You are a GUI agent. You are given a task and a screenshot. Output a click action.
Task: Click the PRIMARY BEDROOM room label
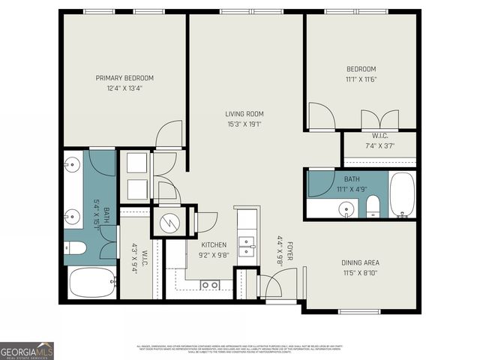tap(124, 78)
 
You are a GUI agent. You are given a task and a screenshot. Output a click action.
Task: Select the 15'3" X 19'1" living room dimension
tap(244, 124)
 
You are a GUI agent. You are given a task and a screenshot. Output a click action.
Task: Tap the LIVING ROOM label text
tap(244, 114)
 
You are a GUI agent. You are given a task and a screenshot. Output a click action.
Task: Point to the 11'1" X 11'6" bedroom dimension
tap(361, 79)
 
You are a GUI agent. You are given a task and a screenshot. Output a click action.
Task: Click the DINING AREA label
tap(361, 262)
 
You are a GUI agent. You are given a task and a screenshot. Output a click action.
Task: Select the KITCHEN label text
tap(214, 245)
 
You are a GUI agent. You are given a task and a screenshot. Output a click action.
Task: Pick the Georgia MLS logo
tap(27, 350)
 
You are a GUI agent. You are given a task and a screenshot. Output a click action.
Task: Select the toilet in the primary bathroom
tap(76, 247)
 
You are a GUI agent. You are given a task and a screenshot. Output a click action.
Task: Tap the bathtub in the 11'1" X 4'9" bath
tap(401, 193)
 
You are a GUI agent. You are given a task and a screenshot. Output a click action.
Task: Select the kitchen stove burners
tap(210, 284)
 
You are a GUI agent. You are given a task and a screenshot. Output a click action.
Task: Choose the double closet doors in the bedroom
tap(379, 120)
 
